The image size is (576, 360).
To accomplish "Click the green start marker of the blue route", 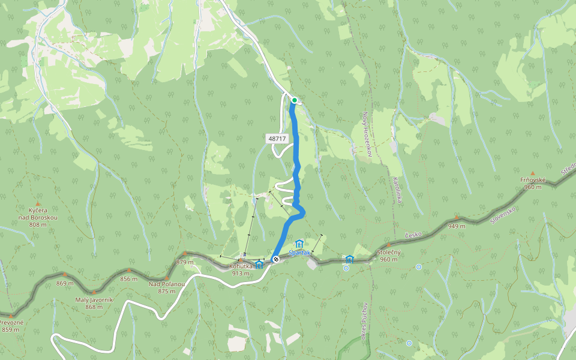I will pos(295,100).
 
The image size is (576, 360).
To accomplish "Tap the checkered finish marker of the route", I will pos(275,259).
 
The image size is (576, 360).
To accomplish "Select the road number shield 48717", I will pos(277,139).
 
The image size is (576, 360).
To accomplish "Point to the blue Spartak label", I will pos(299,253).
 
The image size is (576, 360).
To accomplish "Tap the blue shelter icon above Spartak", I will pos(299,244).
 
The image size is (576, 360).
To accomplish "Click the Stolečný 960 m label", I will pos(389,256).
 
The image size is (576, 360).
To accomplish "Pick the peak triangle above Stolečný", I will pos(389,245).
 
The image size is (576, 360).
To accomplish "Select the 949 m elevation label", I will pos(457,226).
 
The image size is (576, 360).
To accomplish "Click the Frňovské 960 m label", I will pos(532,183).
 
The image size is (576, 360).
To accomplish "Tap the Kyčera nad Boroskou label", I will pos(38,214).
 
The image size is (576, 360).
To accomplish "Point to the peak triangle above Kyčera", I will pos(38,196).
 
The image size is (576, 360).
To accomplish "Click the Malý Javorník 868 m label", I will pos(94,303).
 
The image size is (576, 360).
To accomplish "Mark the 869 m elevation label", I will pos(65,283).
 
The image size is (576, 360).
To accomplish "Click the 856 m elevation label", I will pos(129,278).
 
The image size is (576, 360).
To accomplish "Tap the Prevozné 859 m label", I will pos(11,326).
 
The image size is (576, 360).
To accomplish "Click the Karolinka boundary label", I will pos(397,190).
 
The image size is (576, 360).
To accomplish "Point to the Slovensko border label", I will pos(503,212).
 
